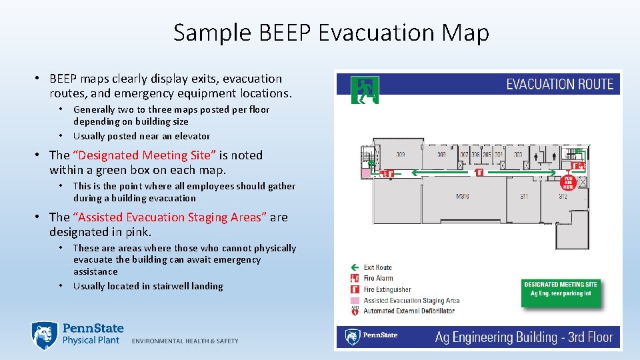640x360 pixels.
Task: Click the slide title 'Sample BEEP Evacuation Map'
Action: [331, 33]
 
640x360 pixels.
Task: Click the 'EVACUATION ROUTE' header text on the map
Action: [559, 85]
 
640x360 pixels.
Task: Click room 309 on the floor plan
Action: [401, 155]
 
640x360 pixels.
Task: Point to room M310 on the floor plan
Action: [463, 196]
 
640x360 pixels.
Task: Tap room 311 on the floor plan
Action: [525, 196]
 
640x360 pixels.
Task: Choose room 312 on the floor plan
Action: [563, 196]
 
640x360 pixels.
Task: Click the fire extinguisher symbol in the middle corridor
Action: [479, 172]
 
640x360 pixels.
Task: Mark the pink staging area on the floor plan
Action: [365, 172]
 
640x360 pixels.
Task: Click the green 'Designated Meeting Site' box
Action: [561, 292]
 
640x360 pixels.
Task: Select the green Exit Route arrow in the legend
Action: [355, 267]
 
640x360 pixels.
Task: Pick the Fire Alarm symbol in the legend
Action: [355, 278]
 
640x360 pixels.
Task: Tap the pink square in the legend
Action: [355, 300]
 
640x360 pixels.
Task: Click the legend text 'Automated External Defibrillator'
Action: [409, 311]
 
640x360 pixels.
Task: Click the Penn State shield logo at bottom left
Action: [43, 335]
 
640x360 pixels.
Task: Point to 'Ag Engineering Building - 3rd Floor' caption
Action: [523, 337]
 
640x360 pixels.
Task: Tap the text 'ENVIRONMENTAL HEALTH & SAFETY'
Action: [185, 341]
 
